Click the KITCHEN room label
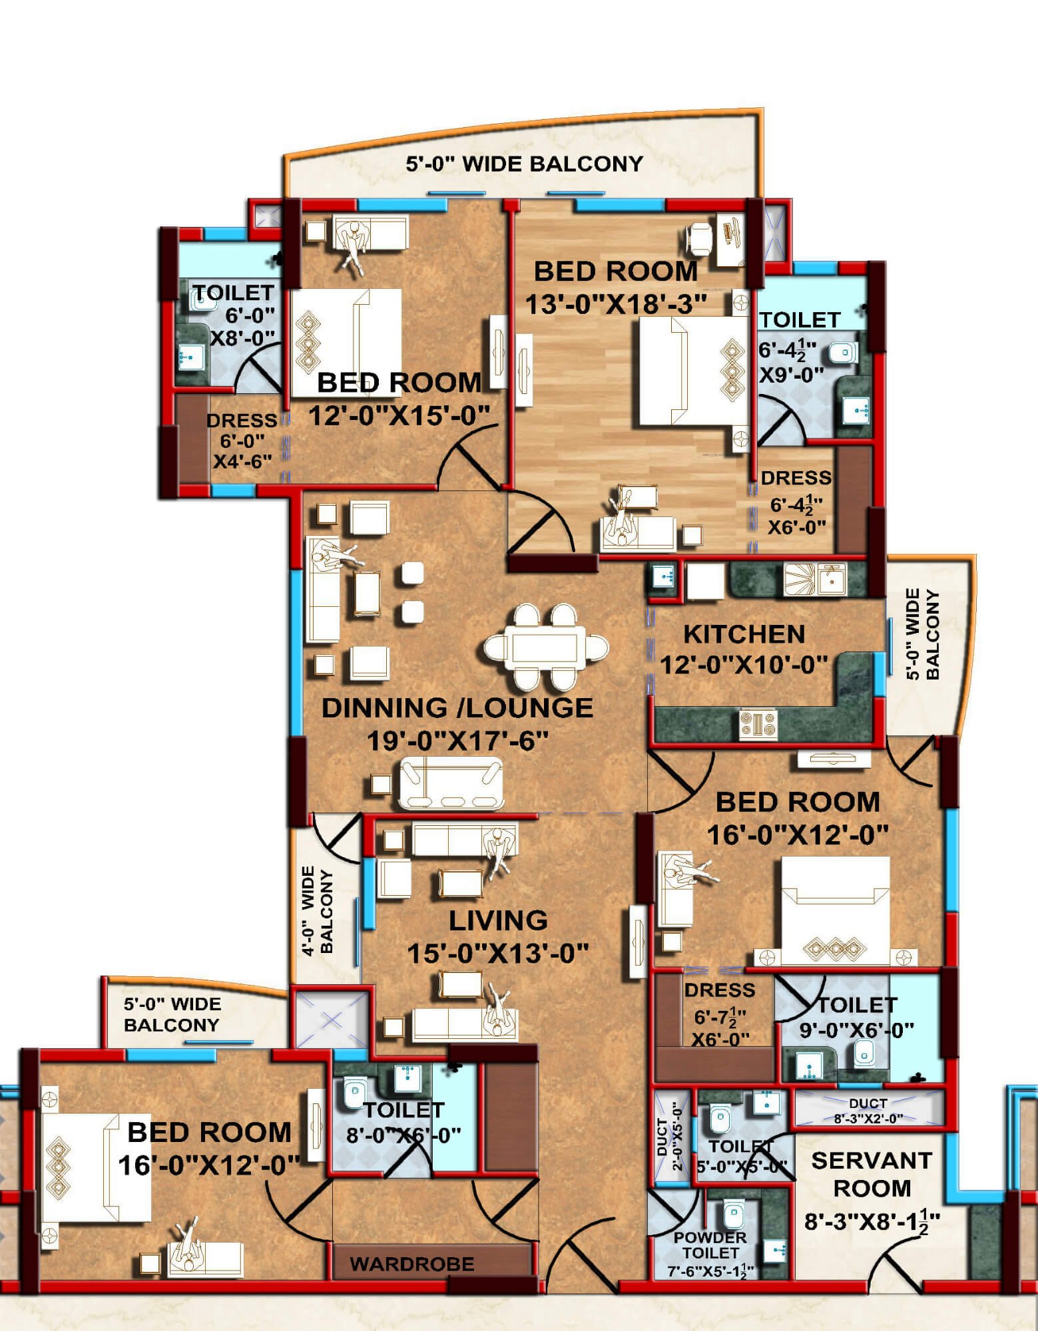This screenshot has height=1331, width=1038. coord(744,634)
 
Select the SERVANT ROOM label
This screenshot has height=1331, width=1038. coord(872,1174)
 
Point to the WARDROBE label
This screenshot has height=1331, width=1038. coord(412,1264)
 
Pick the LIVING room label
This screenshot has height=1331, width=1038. coord(498,921)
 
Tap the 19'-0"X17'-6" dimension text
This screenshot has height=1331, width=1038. coord(457,740)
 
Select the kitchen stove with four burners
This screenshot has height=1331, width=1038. coord(758,724)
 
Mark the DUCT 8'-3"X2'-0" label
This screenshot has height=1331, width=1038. coord(868,1111)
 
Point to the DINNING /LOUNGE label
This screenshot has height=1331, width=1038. coord(457,707)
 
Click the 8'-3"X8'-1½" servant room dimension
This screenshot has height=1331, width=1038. coord(872,1222)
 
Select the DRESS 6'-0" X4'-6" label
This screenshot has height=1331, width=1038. coord(242,440)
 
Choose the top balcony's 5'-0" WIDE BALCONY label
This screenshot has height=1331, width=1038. coord(525,164)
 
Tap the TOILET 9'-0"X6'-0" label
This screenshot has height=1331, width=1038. coord(856,1018)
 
